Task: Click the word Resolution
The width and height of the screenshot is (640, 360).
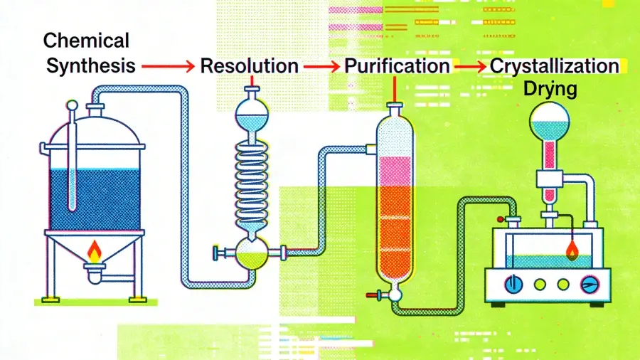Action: coord(249,66)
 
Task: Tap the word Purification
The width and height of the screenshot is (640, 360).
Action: coord(397,66)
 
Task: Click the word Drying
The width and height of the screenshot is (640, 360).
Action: coord(550,90)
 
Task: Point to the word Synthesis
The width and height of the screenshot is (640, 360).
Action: coord(90,66)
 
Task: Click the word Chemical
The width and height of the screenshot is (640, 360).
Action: coord(86,41)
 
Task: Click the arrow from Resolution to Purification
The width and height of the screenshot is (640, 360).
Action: coord(321,66)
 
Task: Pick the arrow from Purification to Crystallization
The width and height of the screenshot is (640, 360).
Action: coord(470,66)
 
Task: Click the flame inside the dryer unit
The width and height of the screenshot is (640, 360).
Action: coord(572,248)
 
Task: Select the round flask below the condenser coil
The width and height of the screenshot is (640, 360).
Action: coord(252,253)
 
